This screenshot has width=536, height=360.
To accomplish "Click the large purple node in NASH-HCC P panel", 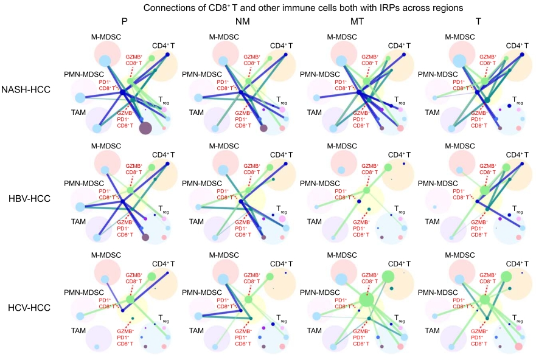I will click(x=145, y=128).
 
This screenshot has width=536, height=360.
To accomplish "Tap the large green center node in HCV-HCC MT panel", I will click(x=366, y=299).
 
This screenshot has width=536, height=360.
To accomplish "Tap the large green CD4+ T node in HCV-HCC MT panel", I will click(x=389, y=277).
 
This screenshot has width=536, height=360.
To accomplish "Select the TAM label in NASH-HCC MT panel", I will click(x=314, y=113).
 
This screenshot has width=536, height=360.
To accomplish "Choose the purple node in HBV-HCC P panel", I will click(x=145, y=237).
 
